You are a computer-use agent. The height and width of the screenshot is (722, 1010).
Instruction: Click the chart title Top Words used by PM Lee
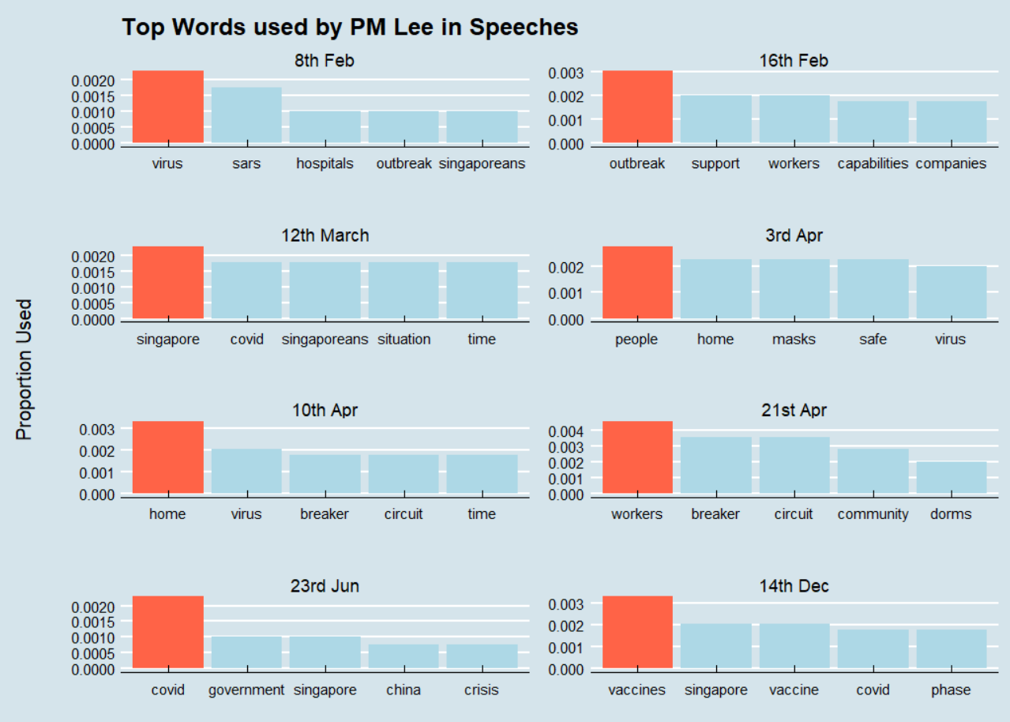click(350, 27)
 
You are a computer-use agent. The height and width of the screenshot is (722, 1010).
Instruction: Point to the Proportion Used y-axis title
click(25, 369)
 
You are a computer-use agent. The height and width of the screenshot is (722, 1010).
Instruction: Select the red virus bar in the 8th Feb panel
click(167, 107)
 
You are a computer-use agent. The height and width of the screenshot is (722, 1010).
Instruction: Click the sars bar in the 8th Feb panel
click(246, 115)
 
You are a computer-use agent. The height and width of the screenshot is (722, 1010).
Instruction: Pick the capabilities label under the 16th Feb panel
click(872, 164)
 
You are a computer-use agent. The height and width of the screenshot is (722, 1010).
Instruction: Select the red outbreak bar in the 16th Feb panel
click(637, 107)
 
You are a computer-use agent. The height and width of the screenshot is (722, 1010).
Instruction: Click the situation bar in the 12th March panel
click(403, 291)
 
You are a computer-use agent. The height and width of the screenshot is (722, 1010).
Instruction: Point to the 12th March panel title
click(325, 235)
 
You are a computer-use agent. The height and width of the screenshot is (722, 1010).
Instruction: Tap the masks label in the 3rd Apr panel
click(793, 339)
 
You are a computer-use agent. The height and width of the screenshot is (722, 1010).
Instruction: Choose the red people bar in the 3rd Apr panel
click(637, 283)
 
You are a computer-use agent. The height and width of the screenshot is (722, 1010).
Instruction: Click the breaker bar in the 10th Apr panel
click(325, 474)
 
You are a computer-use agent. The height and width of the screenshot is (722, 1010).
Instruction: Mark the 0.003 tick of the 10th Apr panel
click(99, 429)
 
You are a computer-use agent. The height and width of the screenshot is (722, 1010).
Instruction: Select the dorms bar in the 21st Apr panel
click(950, 478)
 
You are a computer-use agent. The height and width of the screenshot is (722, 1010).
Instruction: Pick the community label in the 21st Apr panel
click(872, 514)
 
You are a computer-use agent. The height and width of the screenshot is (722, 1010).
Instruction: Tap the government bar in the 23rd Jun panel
click(246, 652)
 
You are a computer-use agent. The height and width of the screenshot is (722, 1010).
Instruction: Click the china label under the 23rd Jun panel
click(403, 690)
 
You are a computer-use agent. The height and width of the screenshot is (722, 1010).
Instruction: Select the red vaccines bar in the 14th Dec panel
click(637, 632)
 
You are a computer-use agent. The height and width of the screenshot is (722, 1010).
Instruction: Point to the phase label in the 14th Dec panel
click(950, 690)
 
